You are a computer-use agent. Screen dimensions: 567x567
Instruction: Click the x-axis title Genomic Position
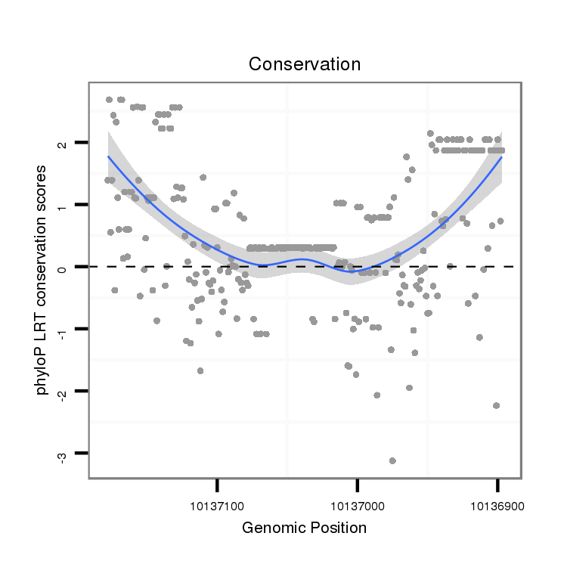[305, 528]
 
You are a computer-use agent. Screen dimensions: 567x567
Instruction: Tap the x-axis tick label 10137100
[218, 504]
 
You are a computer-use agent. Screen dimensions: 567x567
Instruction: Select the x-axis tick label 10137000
[358, 504]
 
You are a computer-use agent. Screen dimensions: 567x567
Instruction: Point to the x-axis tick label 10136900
[497, 504]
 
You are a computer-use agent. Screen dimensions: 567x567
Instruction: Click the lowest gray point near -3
[392, 460]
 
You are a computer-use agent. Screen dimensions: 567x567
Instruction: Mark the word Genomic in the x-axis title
[270, 528]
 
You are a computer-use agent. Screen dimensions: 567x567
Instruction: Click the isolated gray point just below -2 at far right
[496, 405]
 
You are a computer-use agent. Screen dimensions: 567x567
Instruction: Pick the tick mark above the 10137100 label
[218, 484]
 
